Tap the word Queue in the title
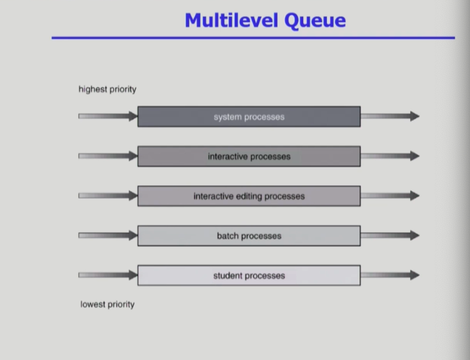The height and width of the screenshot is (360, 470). click(315, 21)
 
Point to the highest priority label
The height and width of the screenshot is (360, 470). click(107, 89)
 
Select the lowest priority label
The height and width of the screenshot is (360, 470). click(107, 305)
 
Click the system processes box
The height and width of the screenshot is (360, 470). click(249, 117)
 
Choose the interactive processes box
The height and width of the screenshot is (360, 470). click(249, 156)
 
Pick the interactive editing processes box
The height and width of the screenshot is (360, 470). click(249, 196)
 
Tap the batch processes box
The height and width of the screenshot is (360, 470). click(249, 235)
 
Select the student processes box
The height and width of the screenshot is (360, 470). click(249, 275)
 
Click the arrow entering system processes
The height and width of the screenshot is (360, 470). click(108, 116)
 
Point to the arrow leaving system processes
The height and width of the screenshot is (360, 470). click(390, 116)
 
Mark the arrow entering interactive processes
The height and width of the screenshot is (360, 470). click(108, 156)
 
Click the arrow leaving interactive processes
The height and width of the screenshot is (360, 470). click(390, 156)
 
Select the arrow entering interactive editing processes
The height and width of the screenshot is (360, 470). click(108, 195)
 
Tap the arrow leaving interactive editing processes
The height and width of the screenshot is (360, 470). click(390, 195)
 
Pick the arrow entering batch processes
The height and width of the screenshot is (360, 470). click(108, 235)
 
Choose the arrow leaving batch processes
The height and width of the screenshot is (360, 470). click(390, 235)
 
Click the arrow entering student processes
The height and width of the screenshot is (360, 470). click(108, 275)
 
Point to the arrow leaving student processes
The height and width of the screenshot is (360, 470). click(390, 275)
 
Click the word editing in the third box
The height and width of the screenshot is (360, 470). click(249, 197)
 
